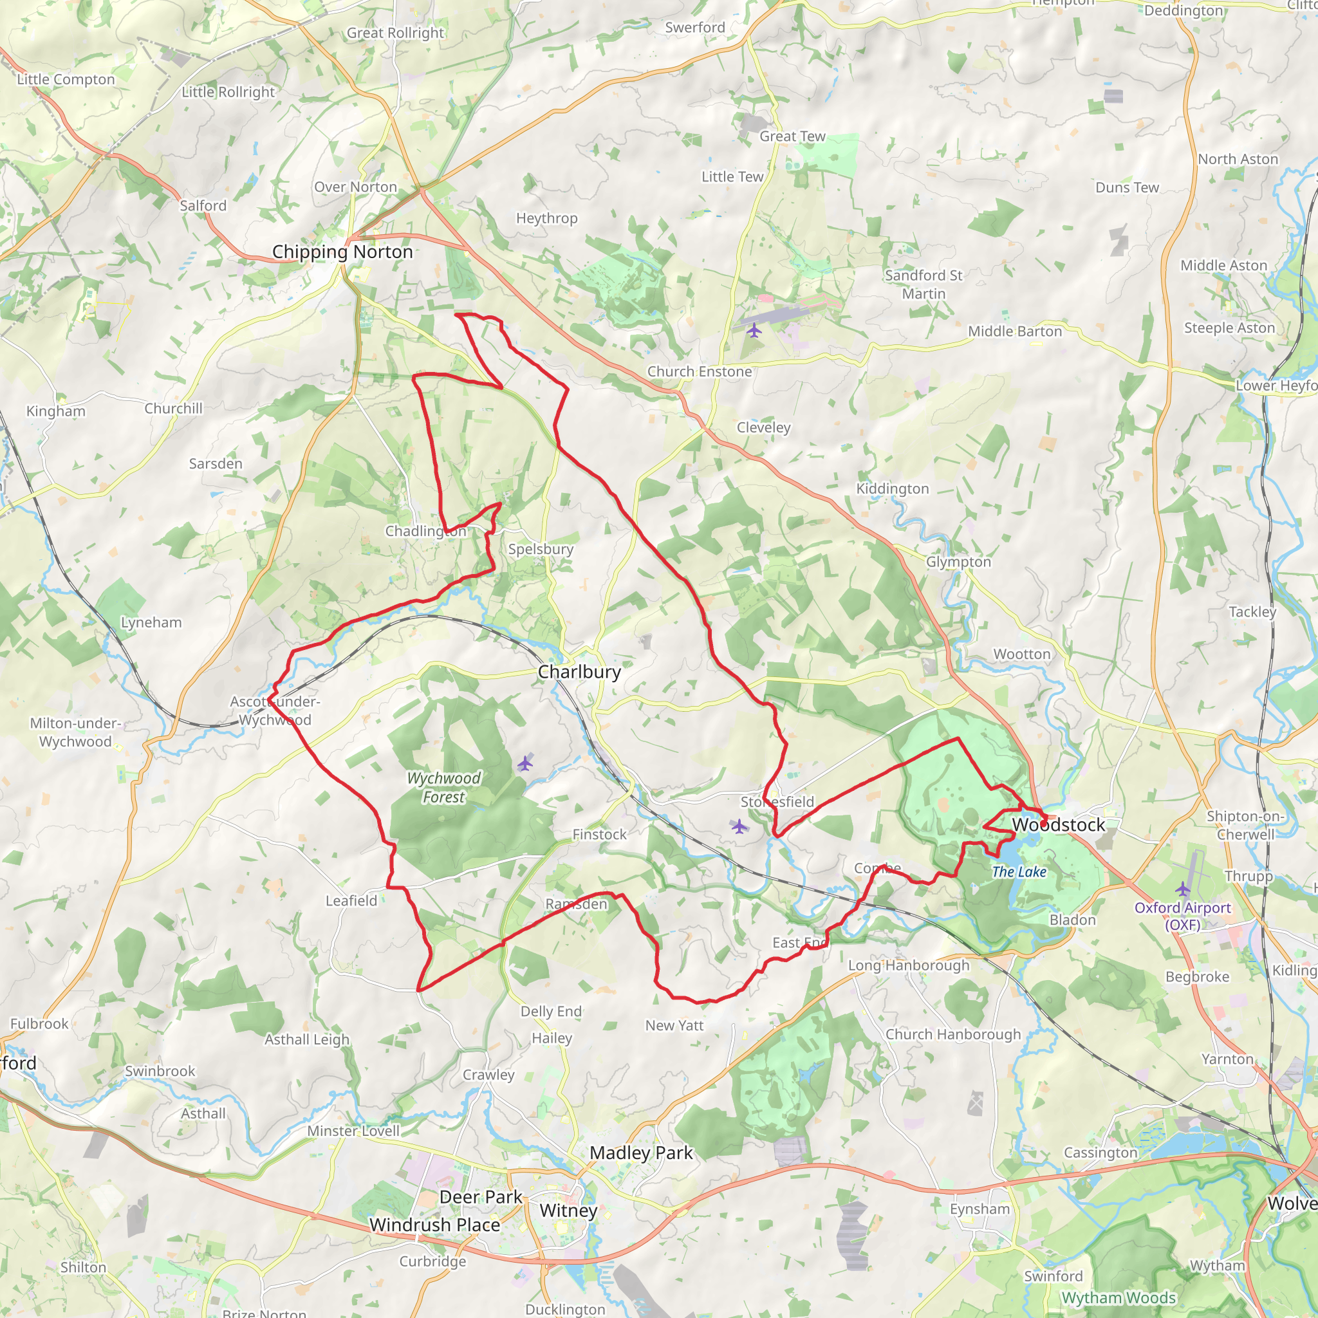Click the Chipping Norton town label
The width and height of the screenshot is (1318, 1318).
pos(342,252)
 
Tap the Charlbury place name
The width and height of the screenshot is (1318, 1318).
pos(579,672)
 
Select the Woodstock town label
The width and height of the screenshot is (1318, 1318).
pos(1058,825)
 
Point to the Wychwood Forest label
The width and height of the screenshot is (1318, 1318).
pos(443,787)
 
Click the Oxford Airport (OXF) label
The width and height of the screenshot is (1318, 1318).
pos(1182,916)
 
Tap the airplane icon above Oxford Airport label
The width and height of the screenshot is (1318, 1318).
pos(1183,889)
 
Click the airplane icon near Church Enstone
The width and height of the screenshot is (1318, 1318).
pos(754,331)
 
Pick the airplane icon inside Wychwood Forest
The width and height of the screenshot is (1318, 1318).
pos(524,763)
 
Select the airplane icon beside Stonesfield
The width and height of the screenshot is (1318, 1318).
pos(739,827)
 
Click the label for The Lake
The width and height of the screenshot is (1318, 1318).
pos(1019,872)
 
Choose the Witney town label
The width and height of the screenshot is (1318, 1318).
pos(568,1211)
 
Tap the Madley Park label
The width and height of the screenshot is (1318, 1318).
pos(640,1153)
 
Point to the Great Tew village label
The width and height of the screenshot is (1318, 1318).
pos(792,136)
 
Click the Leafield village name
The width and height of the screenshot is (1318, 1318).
pos(351,900)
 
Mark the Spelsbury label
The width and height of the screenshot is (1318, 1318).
pos(541,549)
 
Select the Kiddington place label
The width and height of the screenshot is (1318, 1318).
pos(893,488)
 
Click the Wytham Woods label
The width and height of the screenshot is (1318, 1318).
pos(1118,1297)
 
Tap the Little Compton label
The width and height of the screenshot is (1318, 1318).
pos(66,79)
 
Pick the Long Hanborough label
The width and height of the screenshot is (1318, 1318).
pos(908,965)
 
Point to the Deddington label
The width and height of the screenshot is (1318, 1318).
pos(1183,11)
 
